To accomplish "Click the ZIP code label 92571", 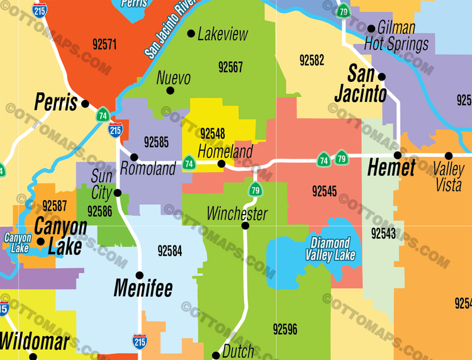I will (x=104, y=44).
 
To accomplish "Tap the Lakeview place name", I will (x=223, y=34).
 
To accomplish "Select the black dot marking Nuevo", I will (x=170, y=91).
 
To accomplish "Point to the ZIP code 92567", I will (x=230, y=67).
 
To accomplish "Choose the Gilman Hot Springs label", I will (x=398, y=36).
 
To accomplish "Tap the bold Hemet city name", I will (x=391, y=168).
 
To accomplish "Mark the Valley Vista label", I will (x=448, y=177).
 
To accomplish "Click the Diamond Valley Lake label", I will (x=330, y=249).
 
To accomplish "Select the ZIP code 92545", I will (x=324, y=191).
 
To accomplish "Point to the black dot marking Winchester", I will (x=245, y=225).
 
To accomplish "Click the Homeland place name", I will (x=225, y=151).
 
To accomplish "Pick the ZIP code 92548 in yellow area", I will (x=213, y=133).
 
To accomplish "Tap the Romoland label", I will (x=148, y=169).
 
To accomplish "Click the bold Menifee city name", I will (x=143, y=288).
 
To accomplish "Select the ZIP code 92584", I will (x=170, y=251).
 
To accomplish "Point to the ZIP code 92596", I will (x=285, y=329).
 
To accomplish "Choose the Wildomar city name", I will (x=34, y=342).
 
